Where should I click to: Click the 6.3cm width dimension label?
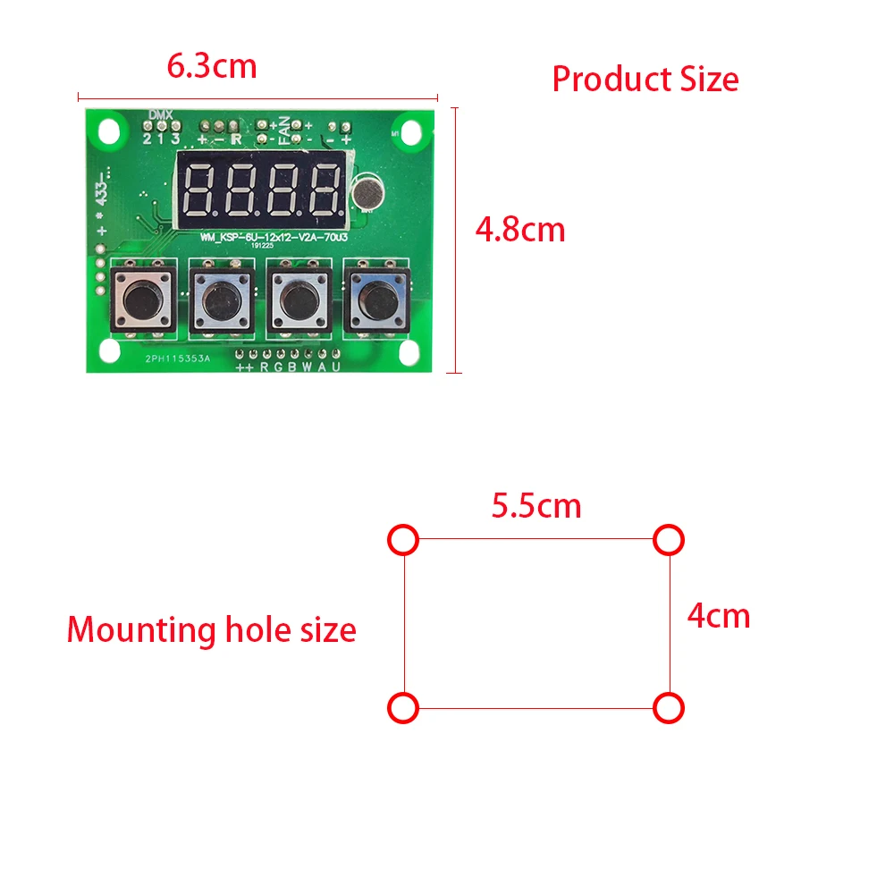point(212,66)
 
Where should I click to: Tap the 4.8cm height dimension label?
point(520,230)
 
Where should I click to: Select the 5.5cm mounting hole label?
point(536,506)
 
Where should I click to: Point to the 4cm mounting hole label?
point(718,615)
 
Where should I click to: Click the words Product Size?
point(645,80)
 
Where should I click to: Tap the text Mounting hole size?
point(211,630)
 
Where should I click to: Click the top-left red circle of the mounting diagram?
point(403,539)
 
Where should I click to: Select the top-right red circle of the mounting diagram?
point(669,539)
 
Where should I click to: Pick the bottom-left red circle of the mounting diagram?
point(403,708)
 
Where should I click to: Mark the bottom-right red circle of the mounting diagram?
point(669,708)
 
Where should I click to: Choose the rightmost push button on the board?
point(377,299)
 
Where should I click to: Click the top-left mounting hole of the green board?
point(109,131)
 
